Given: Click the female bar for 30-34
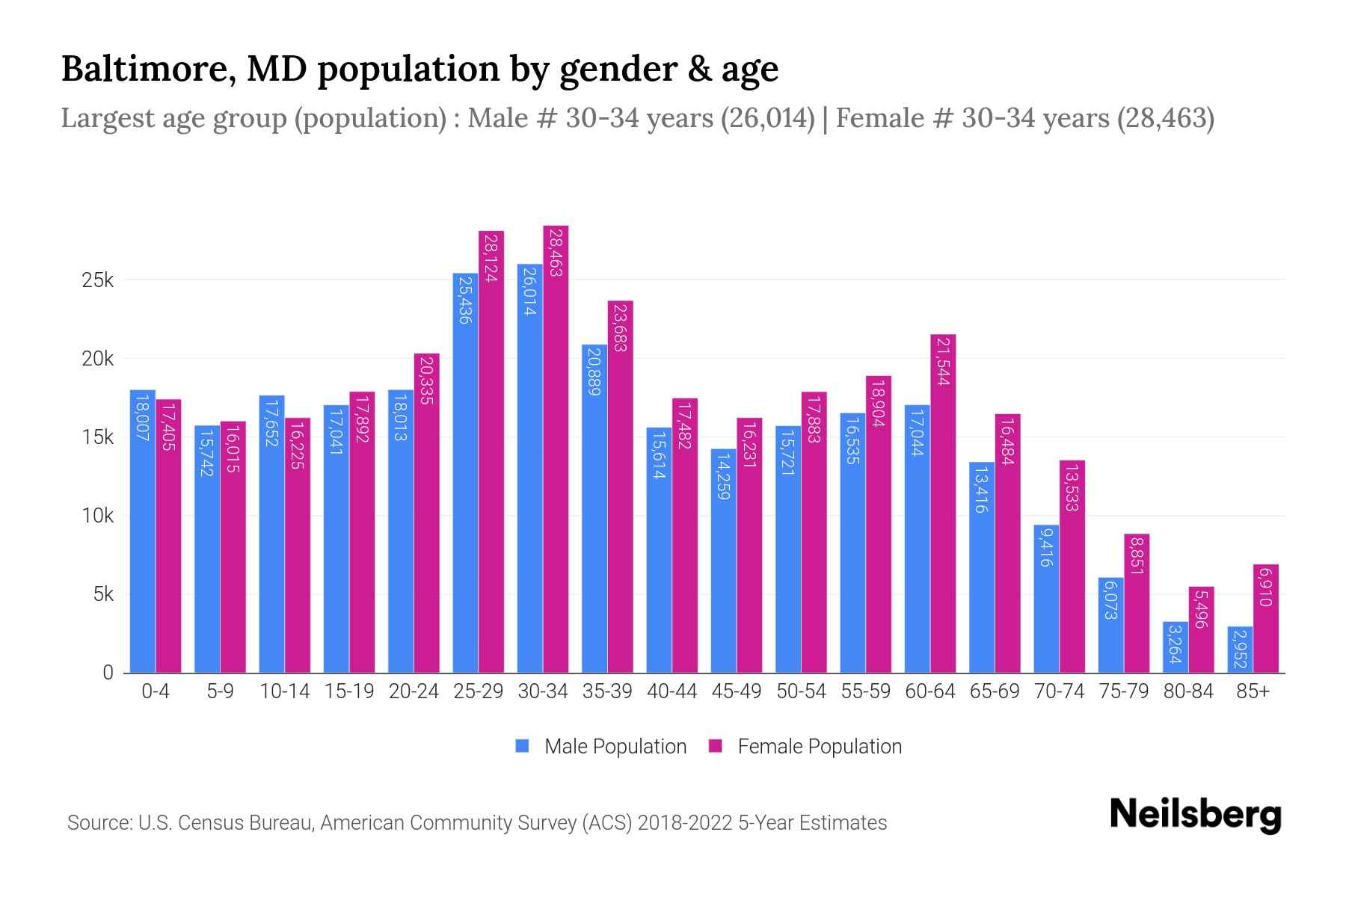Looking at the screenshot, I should (556, 449).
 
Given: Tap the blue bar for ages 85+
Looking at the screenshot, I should (1240, 650).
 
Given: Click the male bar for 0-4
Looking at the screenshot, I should (143, 531).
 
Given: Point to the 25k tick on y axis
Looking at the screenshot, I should (98, 280).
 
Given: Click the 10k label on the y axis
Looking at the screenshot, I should (98, 516).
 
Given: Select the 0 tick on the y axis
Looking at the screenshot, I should (108, 673).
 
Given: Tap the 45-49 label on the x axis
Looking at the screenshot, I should (736, 691).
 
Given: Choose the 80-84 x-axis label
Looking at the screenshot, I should (1188, 691).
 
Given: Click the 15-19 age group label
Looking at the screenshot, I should (349, 691).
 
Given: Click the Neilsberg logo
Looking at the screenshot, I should (1195, 815).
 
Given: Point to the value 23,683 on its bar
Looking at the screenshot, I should (620, 327).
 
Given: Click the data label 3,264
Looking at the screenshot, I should (1175, 645).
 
